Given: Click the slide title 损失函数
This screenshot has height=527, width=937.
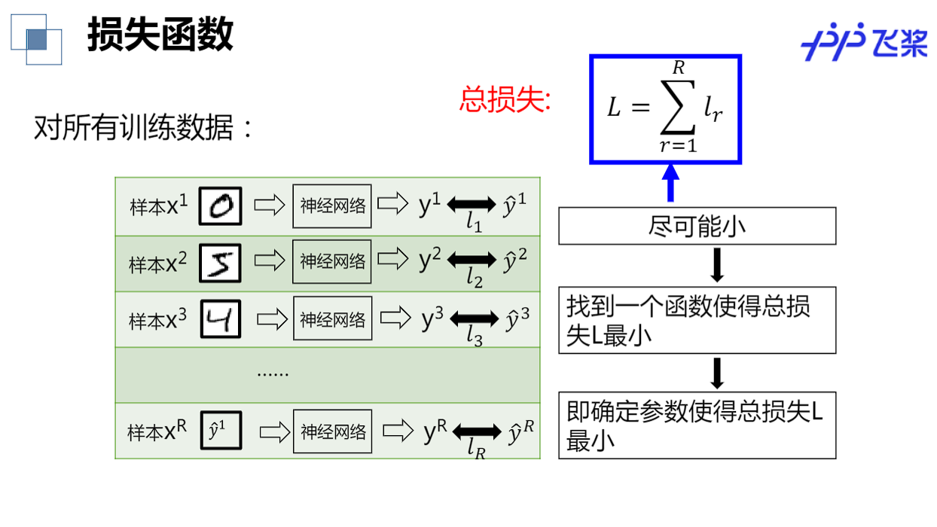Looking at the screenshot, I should pos(160,35).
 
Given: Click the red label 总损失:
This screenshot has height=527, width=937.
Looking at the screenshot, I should pos(505,100).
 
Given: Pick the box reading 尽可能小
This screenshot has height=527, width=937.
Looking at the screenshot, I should pos(697,226).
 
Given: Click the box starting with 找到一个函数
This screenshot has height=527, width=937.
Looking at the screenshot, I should pos(697,320).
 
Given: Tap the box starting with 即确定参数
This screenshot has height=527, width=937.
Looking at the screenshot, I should pos(697,425).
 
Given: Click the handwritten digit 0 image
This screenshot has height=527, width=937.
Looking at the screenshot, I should pos(221,206).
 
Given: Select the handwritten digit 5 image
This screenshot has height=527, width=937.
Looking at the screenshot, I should pos(221,263).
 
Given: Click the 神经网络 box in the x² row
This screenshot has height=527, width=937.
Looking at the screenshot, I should pos(332,262).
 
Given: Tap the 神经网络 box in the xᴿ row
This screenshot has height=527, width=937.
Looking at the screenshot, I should pos(333,431).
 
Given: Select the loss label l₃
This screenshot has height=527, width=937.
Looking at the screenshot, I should pos(475,337).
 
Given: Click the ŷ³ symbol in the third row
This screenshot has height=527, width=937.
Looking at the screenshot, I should pos(517,318).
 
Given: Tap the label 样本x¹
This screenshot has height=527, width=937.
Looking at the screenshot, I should pos(158,206).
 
